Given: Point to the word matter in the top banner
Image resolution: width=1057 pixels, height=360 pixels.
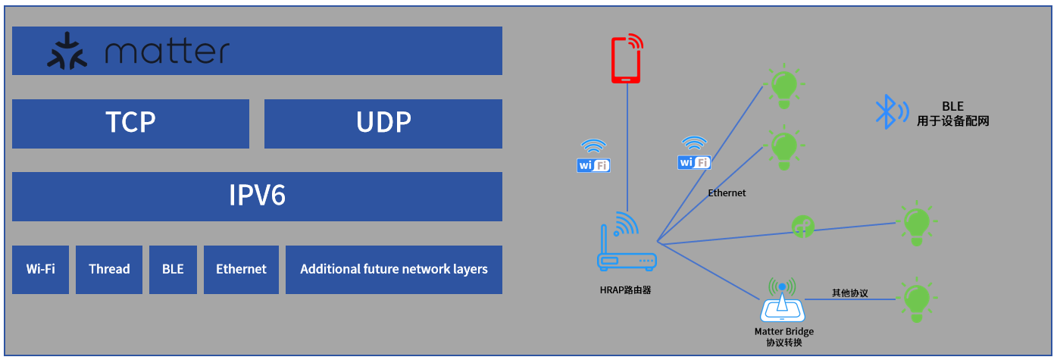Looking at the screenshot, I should pyautogui.click(x=167, y=52).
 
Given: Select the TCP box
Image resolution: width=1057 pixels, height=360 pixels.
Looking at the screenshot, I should pyautogui.click(x=130, y=124).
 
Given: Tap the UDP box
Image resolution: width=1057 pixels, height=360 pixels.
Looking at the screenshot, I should pyautogui.click(x=383, y=124).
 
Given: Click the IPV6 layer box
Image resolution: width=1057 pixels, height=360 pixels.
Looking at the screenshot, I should pyautogui.click(x=257, y=196).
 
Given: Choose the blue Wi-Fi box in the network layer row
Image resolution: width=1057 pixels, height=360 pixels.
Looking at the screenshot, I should pyautogui.click(x=40, y=269).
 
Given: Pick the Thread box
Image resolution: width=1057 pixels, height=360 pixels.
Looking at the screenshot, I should pyautogui.click(x=109, y=269).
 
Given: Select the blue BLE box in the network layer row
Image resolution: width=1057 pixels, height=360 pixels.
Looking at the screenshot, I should pyautogui.click(x=173, y=269).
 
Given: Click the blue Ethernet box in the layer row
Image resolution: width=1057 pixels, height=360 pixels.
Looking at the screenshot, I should pyautogui.click(x=241, y=269).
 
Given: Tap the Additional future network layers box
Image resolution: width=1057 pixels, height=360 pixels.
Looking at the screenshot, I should pyautogui.click(x=393, y=269).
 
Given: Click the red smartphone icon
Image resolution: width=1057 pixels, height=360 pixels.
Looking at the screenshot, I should pyautogui.click(x=627, y=58).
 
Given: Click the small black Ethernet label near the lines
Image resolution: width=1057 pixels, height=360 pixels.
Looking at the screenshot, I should pyautogui.click(x=727, y=193).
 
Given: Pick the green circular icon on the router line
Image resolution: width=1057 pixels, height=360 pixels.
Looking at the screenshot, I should pyautogui.click(x=802, y=225).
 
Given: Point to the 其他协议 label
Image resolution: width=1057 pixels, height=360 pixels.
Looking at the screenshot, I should pyautogui.click(x=849, y=293).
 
